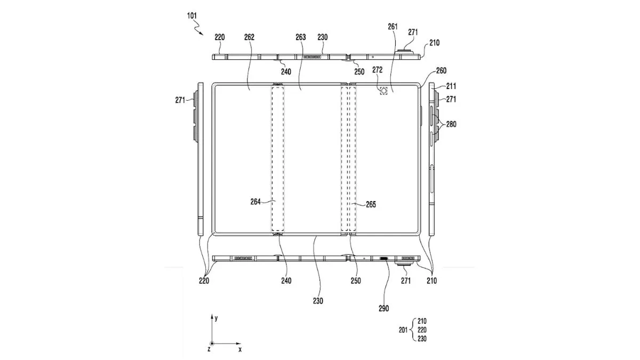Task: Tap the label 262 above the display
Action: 249,37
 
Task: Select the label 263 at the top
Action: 301,37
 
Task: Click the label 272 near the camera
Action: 378,70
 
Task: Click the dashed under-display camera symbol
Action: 383,91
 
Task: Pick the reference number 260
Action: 441,70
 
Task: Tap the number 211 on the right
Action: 451,85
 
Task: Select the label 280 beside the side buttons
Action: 451,124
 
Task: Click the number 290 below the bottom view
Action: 383,308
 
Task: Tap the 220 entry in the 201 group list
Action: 421,330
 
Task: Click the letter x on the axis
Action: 240,349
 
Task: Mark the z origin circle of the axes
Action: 212,344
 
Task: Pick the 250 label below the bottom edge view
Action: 355,281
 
